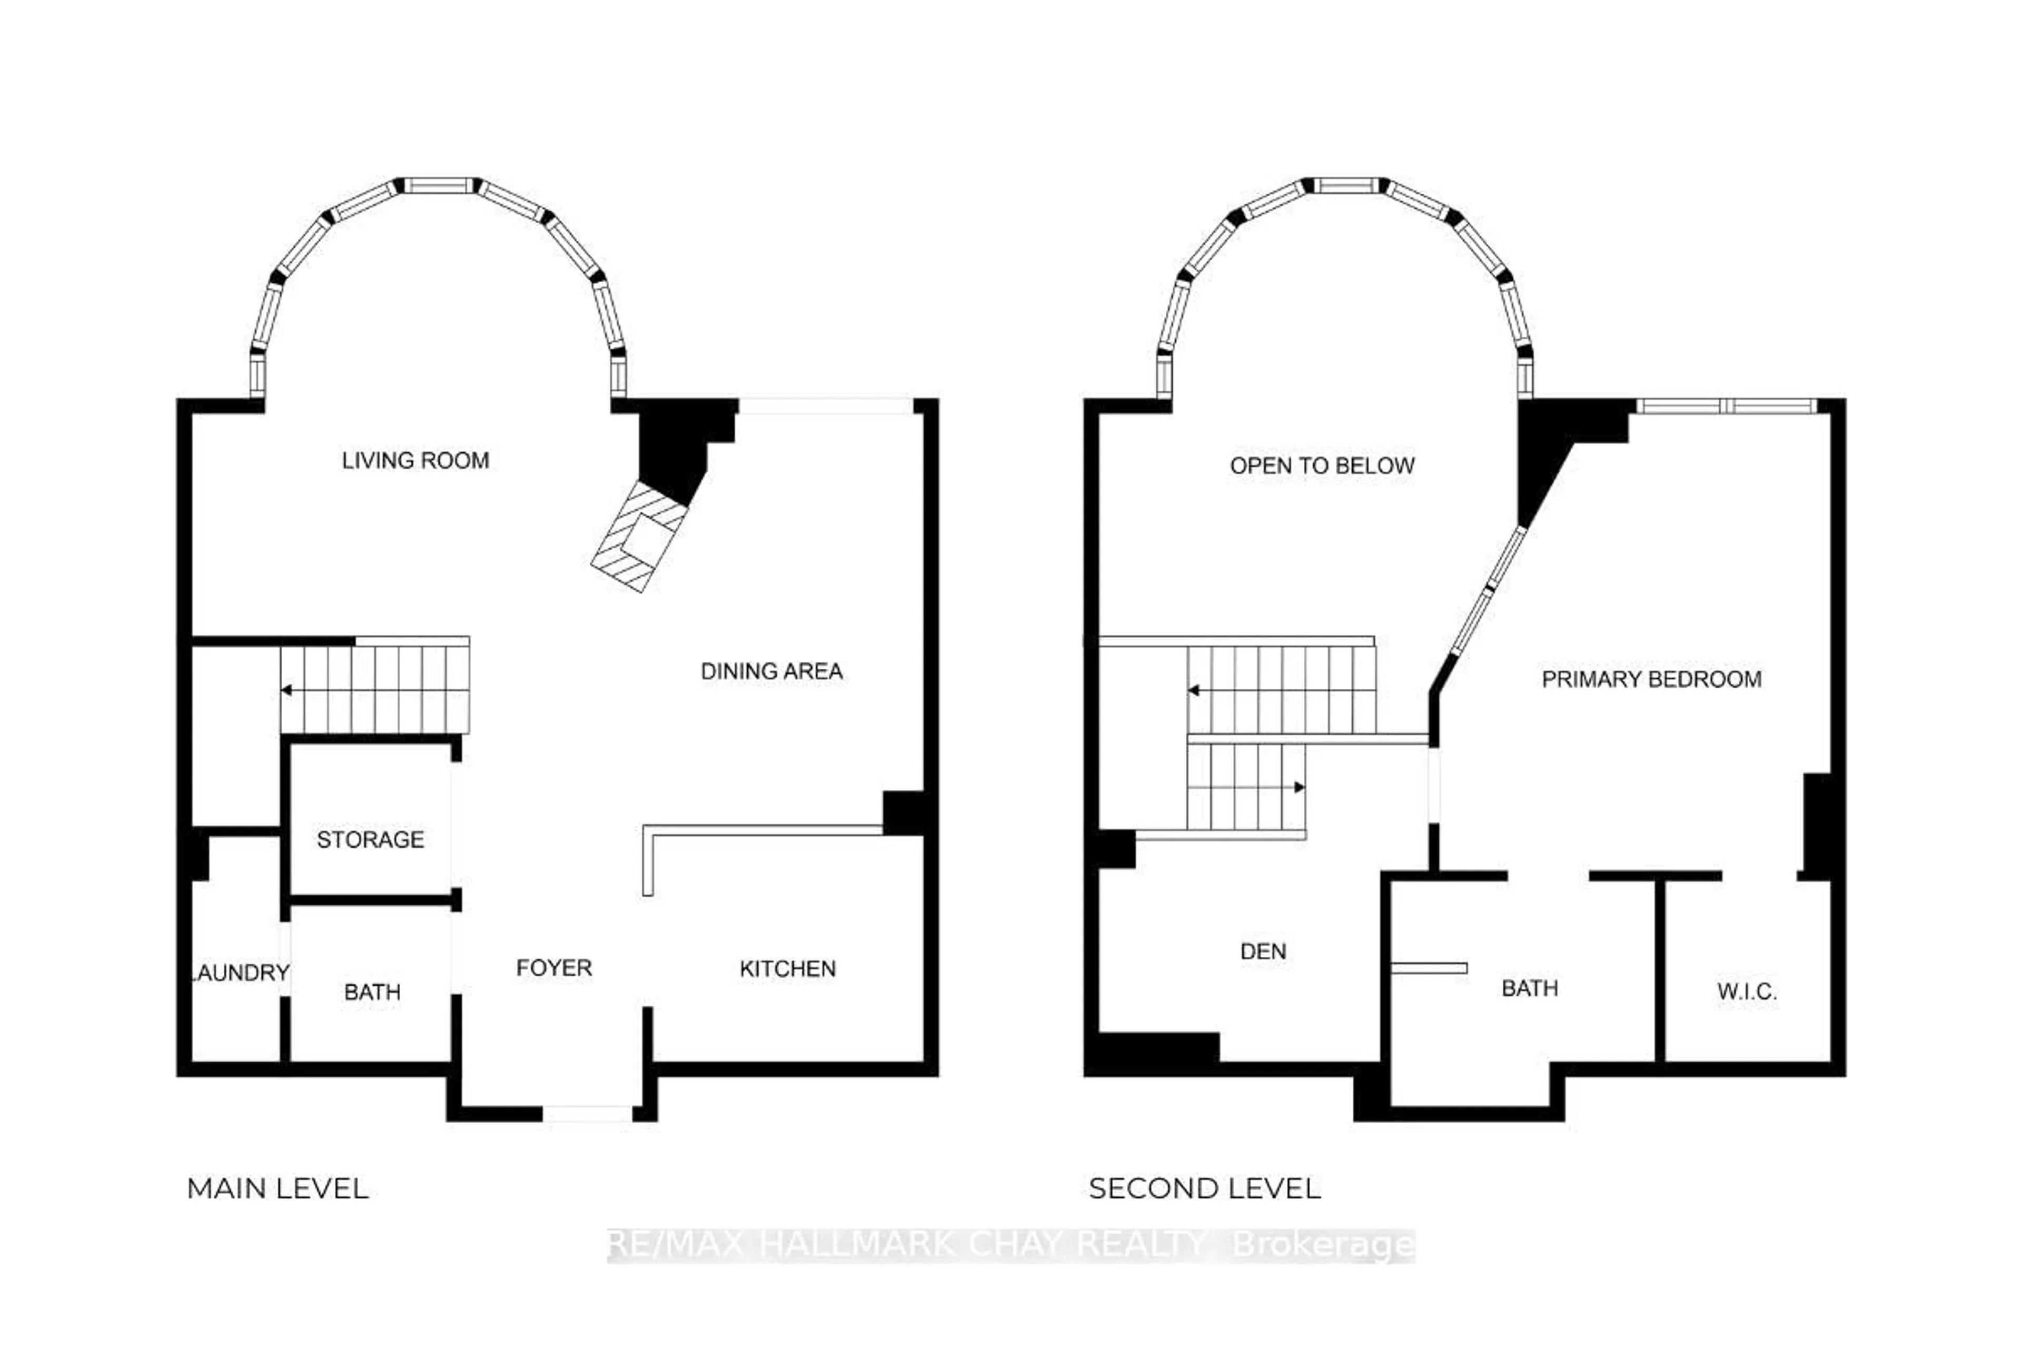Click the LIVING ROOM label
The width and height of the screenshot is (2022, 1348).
(415, 461)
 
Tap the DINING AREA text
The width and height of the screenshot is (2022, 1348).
(771, 671)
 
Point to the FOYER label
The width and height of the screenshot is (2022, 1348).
(553, 968)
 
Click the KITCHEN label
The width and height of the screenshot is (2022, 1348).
(788, 969)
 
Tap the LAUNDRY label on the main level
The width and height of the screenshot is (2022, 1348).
(240, 973)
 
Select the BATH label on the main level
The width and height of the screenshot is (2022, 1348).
(372, 992)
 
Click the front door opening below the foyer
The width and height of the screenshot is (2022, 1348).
(587, 1114)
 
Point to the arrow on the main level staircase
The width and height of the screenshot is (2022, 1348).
(287, 690)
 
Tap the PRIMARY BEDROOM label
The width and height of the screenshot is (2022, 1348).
(1651, 679)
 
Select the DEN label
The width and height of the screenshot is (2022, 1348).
(1263, 951)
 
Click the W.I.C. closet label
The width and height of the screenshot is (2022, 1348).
(1747, 992)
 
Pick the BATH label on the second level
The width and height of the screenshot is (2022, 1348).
(1529, 989)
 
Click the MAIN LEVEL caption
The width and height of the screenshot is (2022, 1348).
(277, 1189)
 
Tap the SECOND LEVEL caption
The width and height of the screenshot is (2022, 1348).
(1204, 1189)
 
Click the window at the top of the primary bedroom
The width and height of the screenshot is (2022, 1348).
(1726, 407)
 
